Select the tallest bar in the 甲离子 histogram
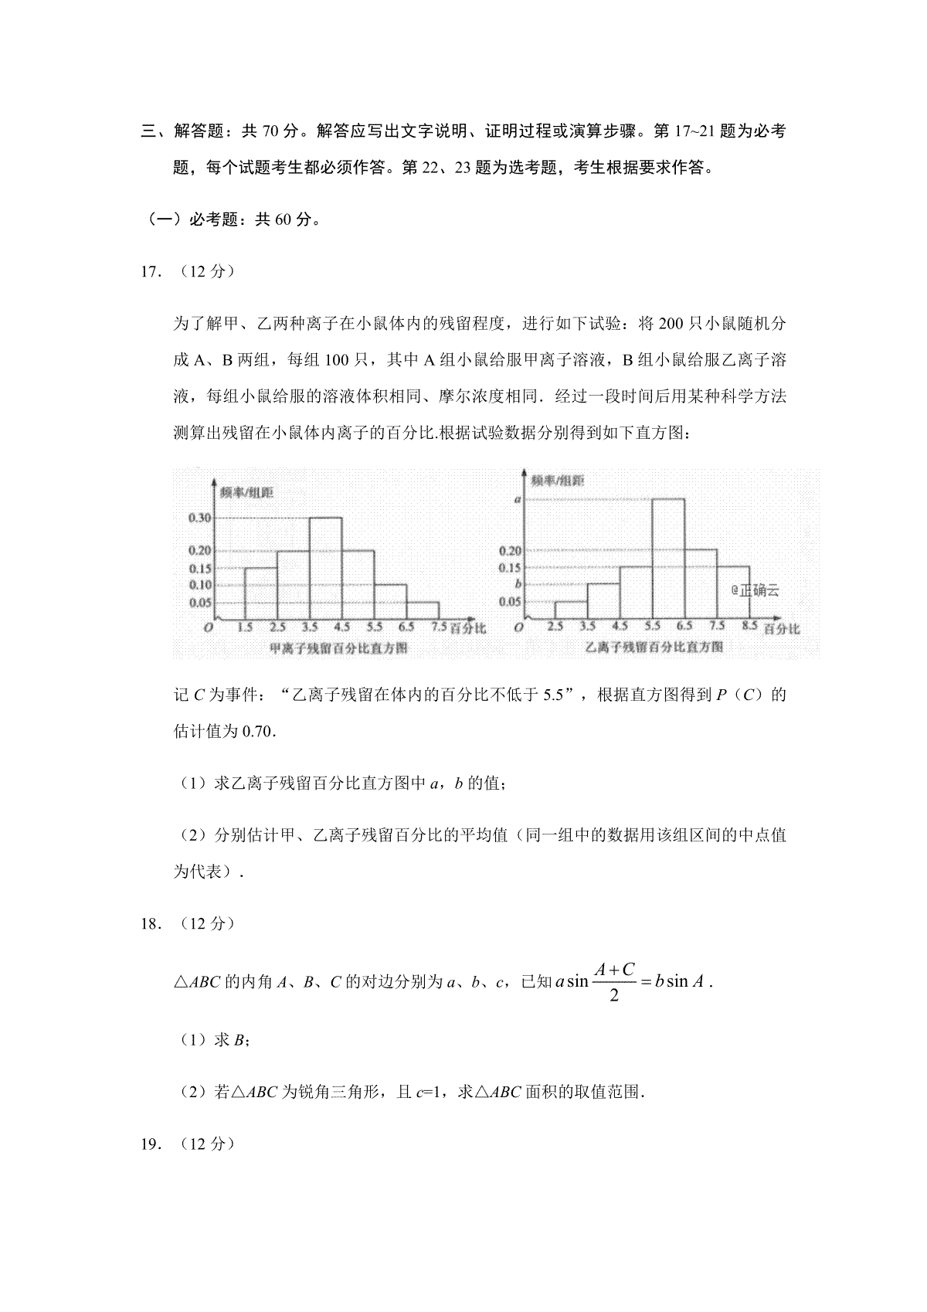click(325, 568)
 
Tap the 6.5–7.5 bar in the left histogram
click(423, 610)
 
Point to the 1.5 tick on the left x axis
click(245, 627)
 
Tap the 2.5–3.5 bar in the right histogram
click(571, 610)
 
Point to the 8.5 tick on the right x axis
click(749, 626)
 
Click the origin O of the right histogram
click(518, 628)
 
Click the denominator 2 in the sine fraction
click(613, 995)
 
